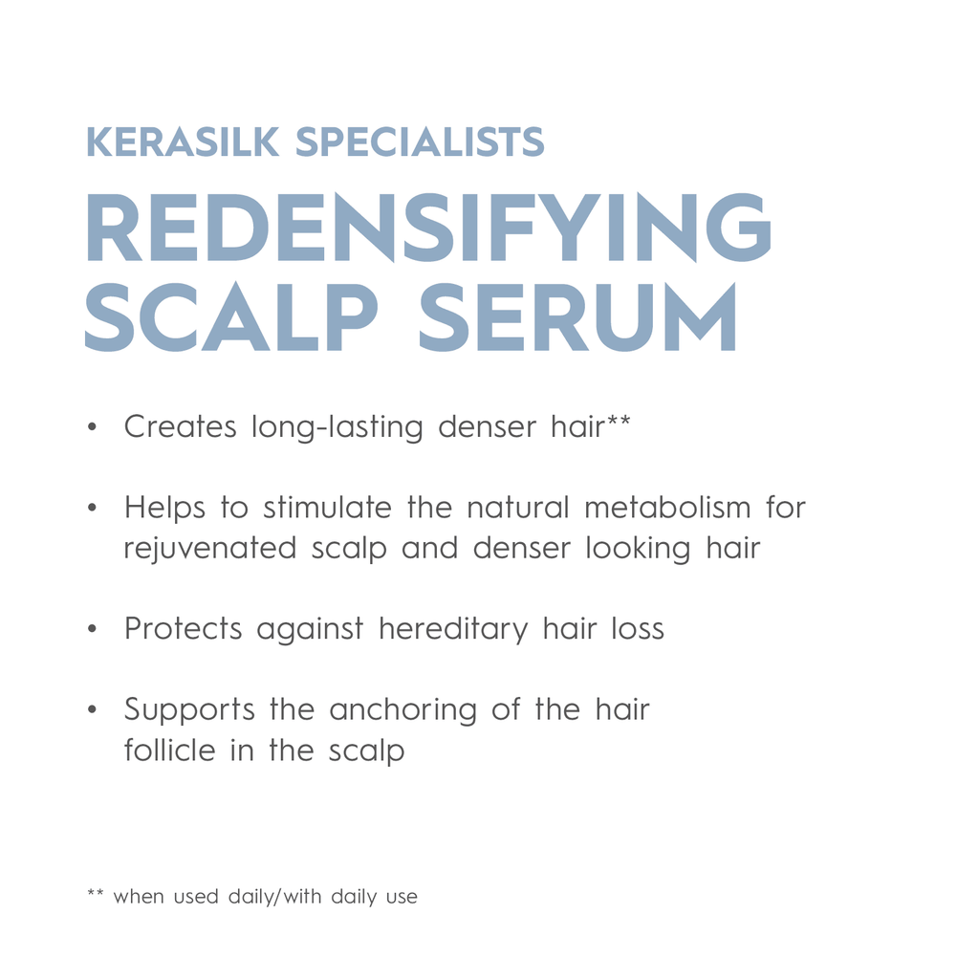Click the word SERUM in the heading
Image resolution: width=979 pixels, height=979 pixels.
click(577, 316)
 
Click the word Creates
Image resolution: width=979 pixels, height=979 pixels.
click(180, 426)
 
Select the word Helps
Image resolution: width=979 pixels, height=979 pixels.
click(164, 509)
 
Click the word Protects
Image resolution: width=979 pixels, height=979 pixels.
click(183, 629)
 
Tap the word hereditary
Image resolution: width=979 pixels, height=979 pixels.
click(453, 630)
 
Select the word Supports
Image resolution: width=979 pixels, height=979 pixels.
click(189, 710)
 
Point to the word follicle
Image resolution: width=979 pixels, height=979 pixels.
click(169, 751)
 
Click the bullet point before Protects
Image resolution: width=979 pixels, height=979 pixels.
click(93, 630)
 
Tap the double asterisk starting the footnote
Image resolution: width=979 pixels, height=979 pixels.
click(95, 895)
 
